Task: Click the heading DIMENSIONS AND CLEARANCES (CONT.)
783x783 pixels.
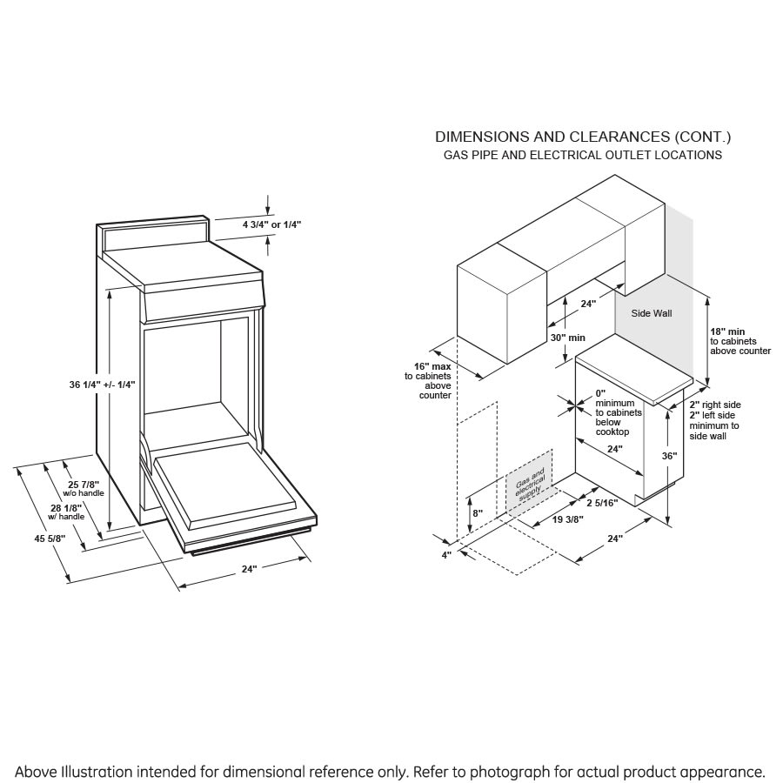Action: [583, 137]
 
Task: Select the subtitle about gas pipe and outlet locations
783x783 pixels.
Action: [583, 155]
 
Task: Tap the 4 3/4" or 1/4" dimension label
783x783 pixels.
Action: [271, 224]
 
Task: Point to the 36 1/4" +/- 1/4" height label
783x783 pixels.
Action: [102, 384]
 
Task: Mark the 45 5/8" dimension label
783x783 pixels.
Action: [50, 539]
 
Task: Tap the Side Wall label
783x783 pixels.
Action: [652, 313]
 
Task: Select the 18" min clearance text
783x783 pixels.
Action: [727, 331]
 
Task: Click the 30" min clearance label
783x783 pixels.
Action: [567, 338]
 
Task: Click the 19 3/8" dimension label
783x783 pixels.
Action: [568, 519]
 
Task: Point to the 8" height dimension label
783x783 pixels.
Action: [476, 513]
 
